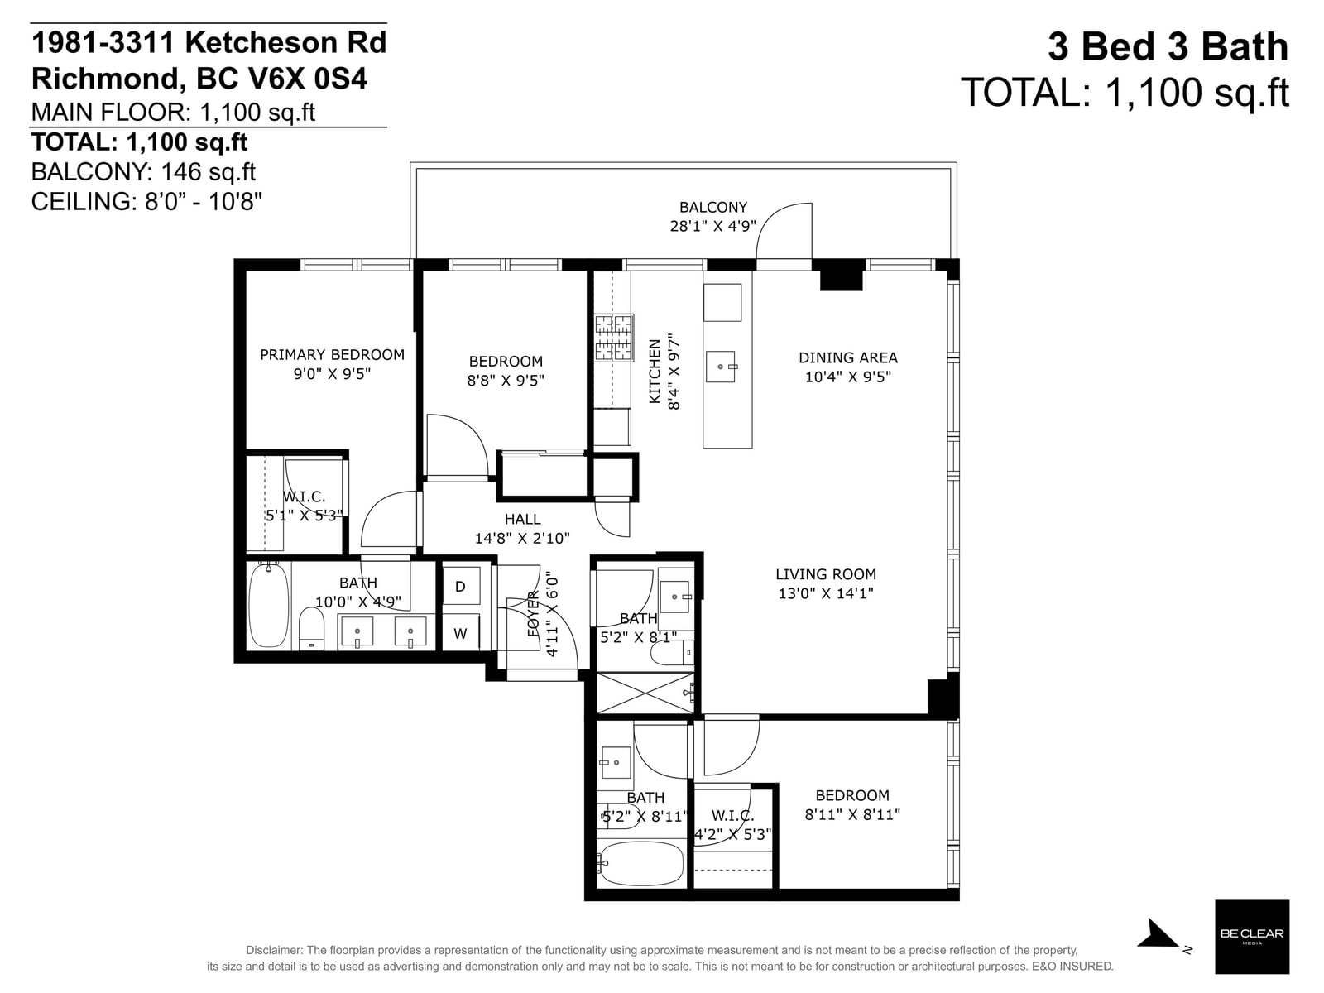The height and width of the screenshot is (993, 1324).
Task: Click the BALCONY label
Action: click(x=713, y=207)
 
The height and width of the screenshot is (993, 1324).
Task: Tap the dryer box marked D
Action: click(x=461, y=585)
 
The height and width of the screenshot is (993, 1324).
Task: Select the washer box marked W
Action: click(x=461, y=633)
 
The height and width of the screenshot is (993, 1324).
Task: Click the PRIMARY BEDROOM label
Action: click(x=332, y=354)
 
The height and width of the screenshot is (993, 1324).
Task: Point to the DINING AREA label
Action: click(x=848, y=357)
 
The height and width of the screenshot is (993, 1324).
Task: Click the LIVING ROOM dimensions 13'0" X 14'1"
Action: click(x=826, y=593)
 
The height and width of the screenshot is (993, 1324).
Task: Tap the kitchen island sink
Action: click(x=721, y=367)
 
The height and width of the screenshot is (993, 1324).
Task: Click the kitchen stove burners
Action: click(x=614, y=338)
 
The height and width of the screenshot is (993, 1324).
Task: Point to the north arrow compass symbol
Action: click(x=1158, y=934)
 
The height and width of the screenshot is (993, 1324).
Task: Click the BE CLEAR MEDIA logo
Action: click(x=1252, y=937)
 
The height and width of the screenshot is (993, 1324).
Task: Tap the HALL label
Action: click(x=522, y=519)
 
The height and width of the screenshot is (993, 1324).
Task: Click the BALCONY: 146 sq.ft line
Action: click(x=143, y=172)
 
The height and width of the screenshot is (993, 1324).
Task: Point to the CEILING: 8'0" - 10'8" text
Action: click(x=146, y=201)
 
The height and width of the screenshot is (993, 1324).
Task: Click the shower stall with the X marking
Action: click(x=644, y=693)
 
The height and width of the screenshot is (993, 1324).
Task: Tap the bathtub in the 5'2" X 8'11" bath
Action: click(x=642, y=863)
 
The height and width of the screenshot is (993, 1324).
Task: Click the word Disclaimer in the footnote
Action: click(x=273, y=950)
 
